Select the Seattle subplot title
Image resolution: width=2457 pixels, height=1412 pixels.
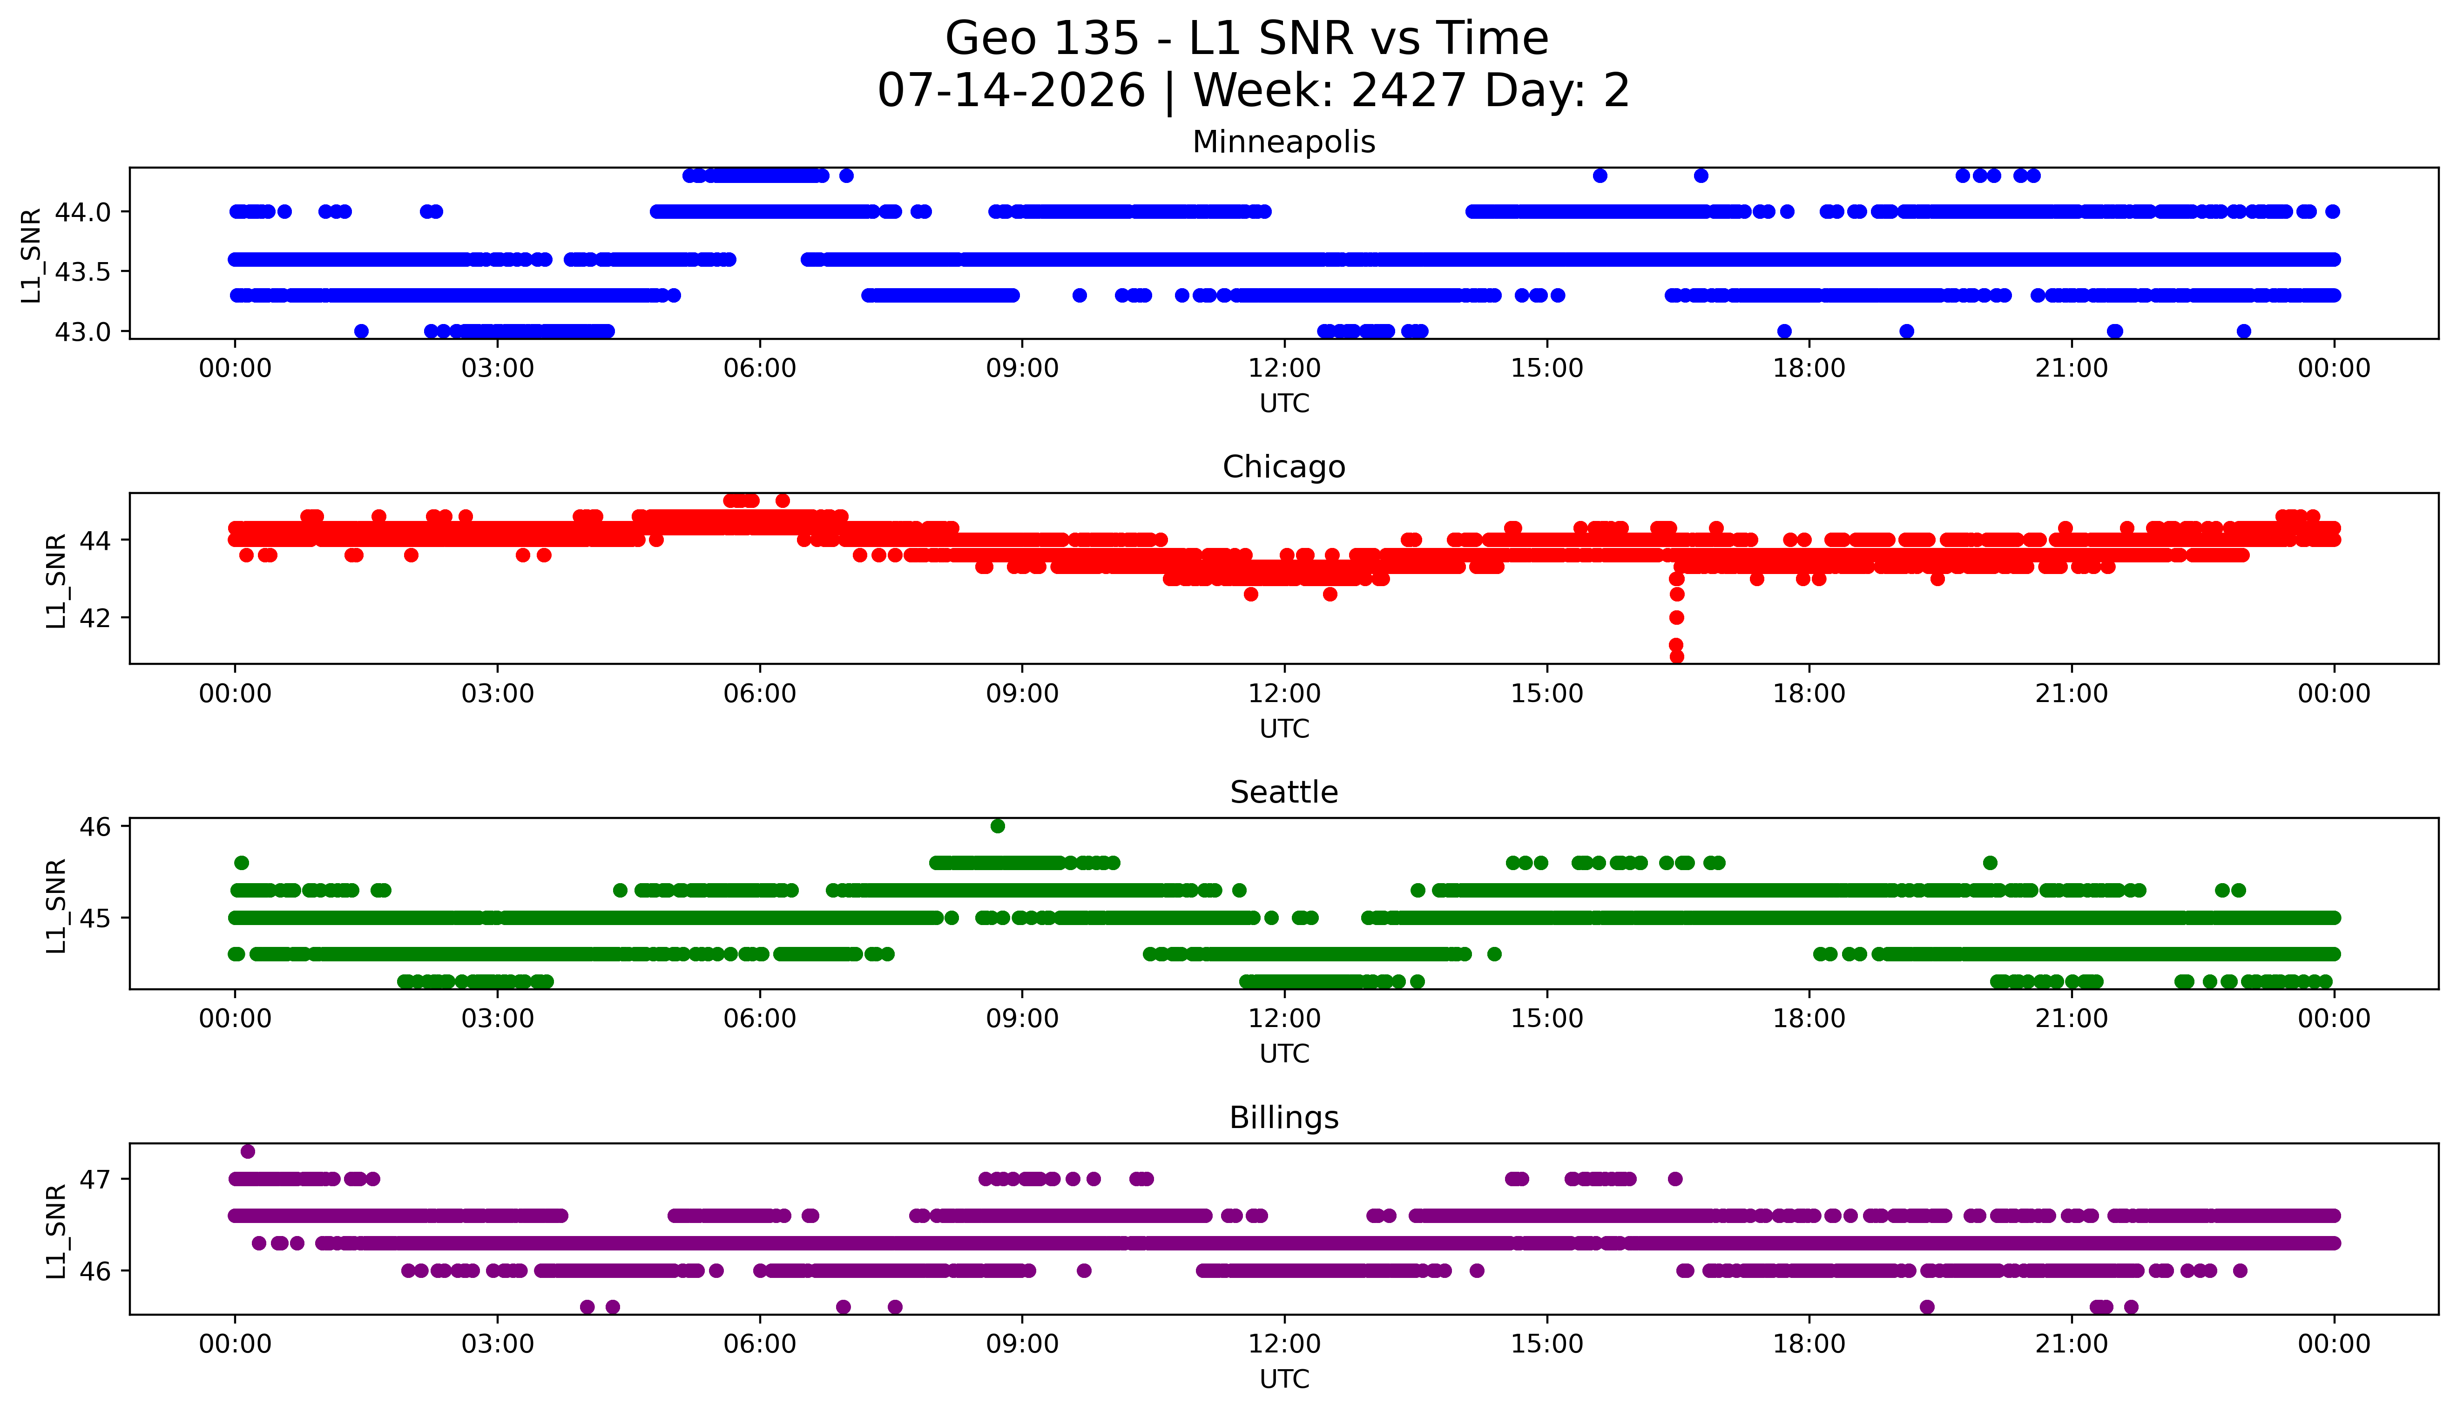pyautogui.click(x=1284, y=792)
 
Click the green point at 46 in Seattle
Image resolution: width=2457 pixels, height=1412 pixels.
pyautogui.click(x=998, y=826)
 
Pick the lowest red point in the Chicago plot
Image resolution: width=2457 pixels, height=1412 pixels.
pyautogui.click(x=1676, y=656)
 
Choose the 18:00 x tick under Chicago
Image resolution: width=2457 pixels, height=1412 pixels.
pyautogui.click(x=1809, y=693)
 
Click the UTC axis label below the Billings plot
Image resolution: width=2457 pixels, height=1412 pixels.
pyautogui.click(x=1284, y=1378)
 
